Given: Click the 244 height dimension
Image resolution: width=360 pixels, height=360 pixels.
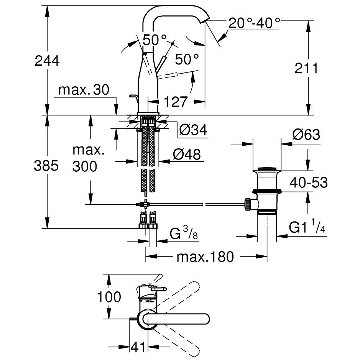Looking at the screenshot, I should [x=47, y=61].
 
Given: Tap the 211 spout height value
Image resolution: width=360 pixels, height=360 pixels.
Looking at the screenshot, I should [x=307, y=69].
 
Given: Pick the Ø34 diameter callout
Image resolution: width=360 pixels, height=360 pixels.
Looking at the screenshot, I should [x=193, y=131].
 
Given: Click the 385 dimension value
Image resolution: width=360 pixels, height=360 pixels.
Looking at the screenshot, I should [x=46, y=166].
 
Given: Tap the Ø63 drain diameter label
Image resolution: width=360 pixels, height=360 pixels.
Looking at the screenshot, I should [x=306, y=135].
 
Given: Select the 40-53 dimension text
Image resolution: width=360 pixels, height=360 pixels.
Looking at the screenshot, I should [x=309, y=182].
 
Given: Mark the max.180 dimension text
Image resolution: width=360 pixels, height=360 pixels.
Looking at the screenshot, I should [x=205, y=256].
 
